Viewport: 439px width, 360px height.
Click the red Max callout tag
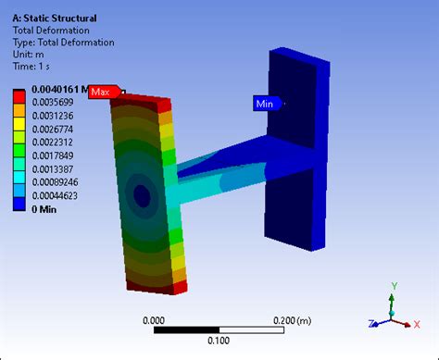(105, 92)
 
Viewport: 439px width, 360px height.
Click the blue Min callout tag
(267, 104)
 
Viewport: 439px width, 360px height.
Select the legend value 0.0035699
(53, 102)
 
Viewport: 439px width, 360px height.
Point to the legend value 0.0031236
(53, 116)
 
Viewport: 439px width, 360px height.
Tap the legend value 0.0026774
(53, 129)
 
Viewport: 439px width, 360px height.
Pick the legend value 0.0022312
(53, 143)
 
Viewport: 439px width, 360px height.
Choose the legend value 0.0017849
(53, 155)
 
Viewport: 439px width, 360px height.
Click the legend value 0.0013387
(53, 169)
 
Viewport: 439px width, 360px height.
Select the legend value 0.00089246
(55, 182)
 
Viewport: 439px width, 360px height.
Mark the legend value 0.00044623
(55, 195)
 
